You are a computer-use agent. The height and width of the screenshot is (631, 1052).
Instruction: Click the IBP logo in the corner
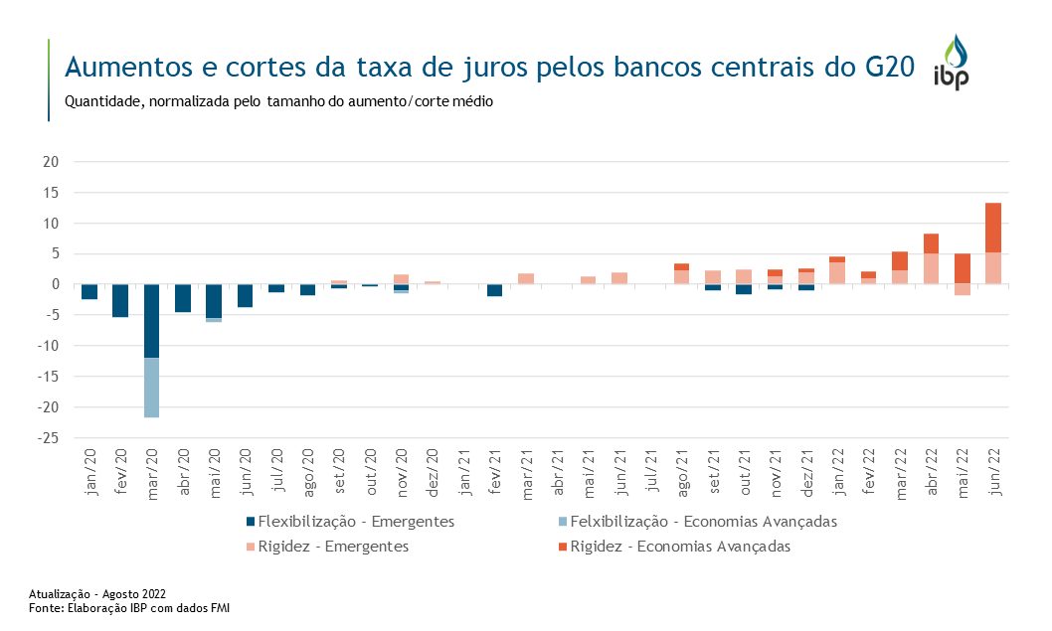click(953, 64)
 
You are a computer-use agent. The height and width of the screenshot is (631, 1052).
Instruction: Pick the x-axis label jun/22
click(993, 472)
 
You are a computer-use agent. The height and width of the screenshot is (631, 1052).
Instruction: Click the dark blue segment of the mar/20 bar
click(152, 321)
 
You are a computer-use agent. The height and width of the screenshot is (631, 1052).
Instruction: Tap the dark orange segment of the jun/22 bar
click(993, 228)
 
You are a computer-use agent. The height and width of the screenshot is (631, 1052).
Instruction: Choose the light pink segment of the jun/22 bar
click(993, 268)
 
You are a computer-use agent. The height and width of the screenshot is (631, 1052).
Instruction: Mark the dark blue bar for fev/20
click(120, 300)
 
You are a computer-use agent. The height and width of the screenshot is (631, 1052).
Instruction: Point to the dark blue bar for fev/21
click(494, 290)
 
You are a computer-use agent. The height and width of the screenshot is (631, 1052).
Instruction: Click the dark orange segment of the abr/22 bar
click(931, 243)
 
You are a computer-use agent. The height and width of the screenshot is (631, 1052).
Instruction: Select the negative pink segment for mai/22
click(962, 290)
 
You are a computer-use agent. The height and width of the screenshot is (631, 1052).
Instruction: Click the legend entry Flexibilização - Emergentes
click(356, 522)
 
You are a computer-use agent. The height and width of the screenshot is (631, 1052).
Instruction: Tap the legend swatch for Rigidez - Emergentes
click(250, 547)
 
